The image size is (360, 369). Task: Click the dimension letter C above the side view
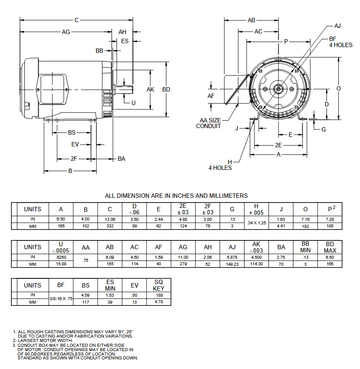click(76, 20)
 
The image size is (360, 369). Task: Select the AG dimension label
click(66, 32)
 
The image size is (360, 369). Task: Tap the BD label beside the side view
click(166, 89)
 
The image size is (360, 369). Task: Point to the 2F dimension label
click(74, 159)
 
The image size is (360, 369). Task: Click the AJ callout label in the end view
click(337, 26)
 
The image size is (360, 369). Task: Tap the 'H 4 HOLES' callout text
click(220, 165)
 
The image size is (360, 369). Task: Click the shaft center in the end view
click(278, 88)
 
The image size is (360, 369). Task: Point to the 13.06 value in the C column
click(110, 220)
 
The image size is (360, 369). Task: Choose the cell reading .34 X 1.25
click(256, 223)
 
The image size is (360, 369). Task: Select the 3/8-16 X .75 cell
click(61, 298)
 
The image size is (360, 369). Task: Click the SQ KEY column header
click(159, 285)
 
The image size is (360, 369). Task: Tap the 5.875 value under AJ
click(232, 257)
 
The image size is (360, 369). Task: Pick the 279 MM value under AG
click(183, 264)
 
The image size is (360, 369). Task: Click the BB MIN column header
click(306, 247)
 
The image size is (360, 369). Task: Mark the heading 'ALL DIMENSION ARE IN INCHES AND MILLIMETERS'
click(177, 196)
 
